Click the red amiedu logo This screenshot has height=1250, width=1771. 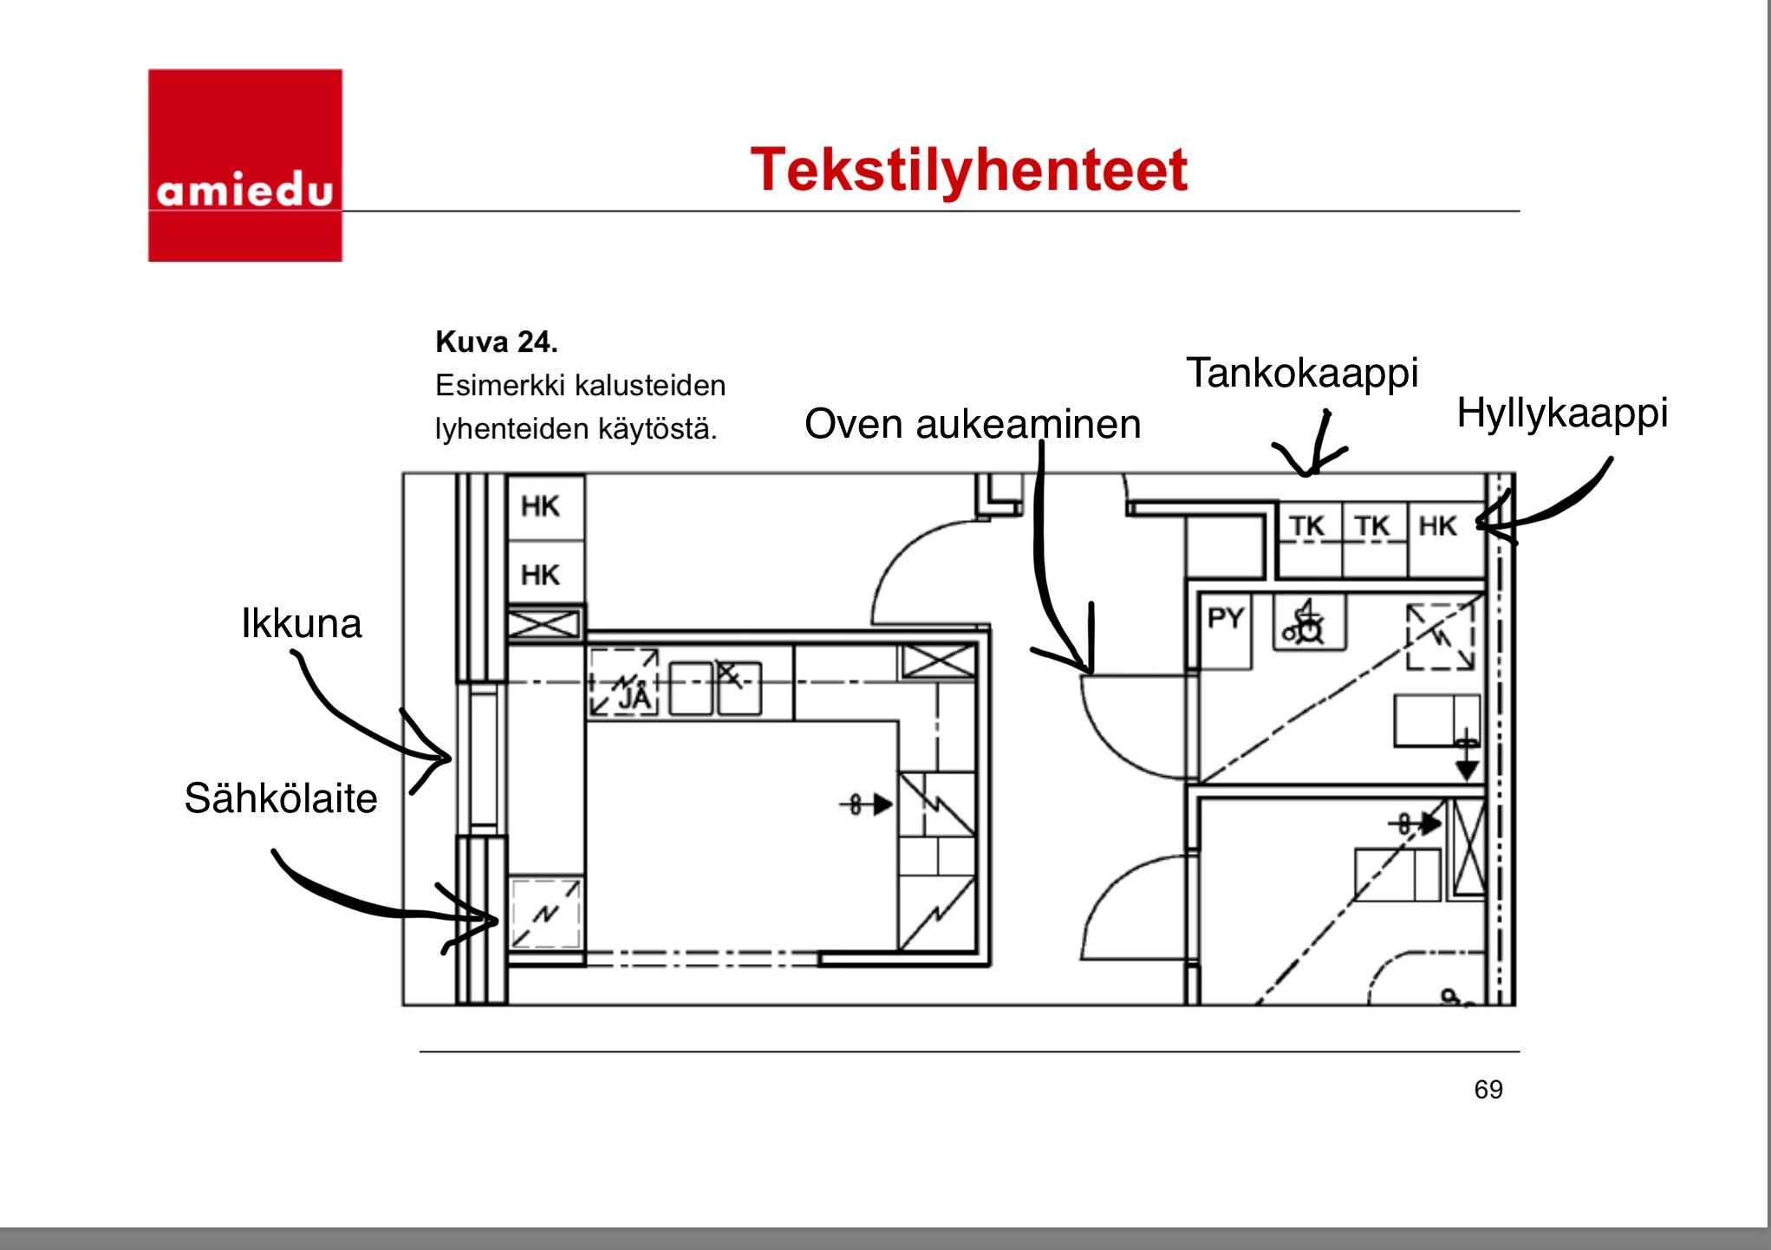pos(244,165)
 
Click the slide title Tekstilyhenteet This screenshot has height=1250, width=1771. pos(968,170)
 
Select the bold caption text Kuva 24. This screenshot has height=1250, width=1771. pos(496,342)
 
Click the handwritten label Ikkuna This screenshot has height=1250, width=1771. pos(301,623)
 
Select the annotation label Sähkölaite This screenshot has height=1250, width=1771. pos(281,798)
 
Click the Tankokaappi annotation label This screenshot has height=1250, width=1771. pos(1301,373)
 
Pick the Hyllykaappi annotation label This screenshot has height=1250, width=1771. pos(1562,413)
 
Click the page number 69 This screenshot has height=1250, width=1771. pos(1488,1089)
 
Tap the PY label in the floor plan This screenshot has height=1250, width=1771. pos(1225,618)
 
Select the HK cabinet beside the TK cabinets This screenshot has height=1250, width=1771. pos(1438,526)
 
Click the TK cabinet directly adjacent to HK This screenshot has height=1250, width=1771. pos(1372,526)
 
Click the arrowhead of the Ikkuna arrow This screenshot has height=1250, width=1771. pos(446,758)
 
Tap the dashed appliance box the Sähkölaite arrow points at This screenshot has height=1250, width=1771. pos(544,914)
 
